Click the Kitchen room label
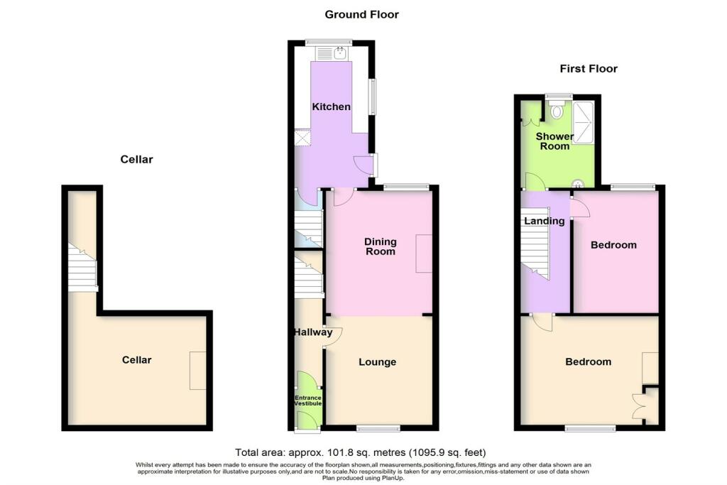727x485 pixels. pos(331,107)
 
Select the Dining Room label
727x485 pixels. pos(381,246)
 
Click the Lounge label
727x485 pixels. pos(378,362)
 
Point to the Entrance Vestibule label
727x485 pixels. pos(308,400)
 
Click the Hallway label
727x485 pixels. pos(313,332)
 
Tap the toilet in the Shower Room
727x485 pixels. pos(557,110)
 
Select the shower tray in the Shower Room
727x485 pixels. pos(584,121)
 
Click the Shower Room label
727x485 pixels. pos(554,141)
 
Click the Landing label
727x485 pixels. pos(545,221)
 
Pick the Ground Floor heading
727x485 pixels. pos(361,14)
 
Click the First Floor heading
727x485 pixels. pos(589,69)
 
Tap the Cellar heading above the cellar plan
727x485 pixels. pos(136,160)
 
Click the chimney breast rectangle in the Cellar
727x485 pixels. pos(197,371)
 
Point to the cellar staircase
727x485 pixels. pos(82,268)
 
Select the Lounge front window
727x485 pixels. pos(378,428)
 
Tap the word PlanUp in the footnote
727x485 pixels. pos(392,478)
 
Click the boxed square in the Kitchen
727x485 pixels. pos(302,138)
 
